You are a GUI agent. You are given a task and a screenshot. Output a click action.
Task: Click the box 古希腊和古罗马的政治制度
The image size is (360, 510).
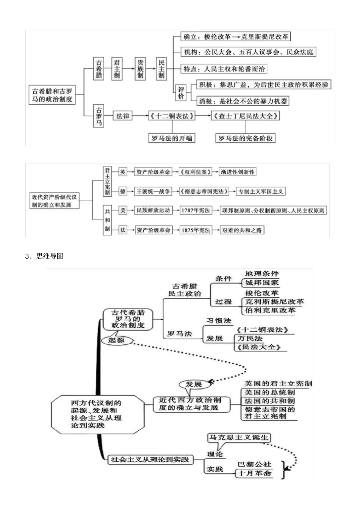52,95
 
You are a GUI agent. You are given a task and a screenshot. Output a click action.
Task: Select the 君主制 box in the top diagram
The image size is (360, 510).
117,69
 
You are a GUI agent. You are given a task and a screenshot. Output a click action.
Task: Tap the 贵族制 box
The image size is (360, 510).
140,69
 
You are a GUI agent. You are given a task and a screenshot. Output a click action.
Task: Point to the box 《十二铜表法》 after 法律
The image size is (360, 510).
172,116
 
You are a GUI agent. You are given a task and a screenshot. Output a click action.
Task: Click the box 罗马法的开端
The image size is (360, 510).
172,138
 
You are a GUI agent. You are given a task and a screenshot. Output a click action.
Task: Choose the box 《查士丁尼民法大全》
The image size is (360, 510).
246,116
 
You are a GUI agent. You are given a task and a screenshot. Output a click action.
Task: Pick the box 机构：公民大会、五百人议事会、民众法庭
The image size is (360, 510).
249,52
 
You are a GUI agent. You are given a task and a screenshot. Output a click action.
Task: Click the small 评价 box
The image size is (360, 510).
181,93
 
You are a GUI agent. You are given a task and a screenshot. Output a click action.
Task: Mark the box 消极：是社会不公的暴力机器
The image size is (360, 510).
243,101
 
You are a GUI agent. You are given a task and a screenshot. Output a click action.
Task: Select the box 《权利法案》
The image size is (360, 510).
196,172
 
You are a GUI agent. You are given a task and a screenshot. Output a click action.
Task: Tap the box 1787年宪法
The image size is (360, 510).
196,210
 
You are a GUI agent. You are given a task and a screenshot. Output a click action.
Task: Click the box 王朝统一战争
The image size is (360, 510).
153,191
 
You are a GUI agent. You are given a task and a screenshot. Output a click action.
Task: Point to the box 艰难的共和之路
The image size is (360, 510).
242,230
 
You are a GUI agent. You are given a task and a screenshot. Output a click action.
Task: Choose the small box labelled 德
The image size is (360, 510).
123,191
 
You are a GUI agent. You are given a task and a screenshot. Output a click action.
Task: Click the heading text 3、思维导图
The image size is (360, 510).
44,256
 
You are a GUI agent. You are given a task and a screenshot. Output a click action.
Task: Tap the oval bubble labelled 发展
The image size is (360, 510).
194,384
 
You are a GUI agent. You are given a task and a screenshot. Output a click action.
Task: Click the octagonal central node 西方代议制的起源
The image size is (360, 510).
97,414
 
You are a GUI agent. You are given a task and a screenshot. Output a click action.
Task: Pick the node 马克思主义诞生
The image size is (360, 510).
239,438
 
